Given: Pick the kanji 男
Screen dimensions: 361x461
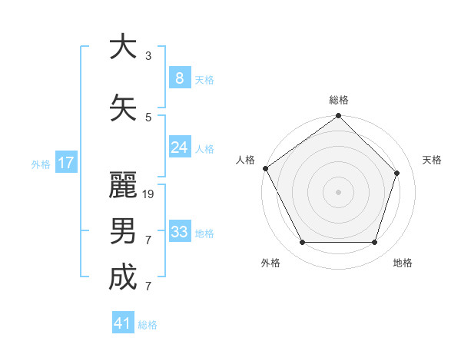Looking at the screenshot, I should [123, 230].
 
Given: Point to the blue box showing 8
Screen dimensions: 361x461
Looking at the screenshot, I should [180, 78].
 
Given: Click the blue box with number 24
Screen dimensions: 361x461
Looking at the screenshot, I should [180, 147].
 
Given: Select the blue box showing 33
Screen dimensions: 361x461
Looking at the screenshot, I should [180, 232].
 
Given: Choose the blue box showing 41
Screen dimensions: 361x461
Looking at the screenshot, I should [123, 323].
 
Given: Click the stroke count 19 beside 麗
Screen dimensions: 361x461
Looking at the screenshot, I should [149, 194].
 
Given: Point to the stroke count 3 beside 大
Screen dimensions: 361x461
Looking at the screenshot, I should [148, 56].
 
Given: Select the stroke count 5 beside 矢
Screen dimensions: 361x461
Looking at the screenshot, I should [148, 117].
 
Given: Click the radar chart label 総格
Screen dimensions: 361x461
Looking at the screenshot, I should [339, 100].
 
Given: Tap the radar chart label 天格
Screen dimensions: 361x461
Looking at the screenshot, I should [432, 160].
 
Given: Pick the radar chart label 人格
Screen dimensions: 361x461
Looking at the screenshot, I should [245, 160].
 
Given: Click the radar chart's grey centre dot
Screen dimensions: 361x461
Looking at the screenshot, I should [339, 191].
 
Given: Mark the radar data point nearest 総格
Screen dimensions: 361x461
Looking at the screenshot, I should [339, 117].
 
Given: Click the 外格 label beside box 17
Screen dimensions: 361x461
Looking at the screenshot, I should [40, 164].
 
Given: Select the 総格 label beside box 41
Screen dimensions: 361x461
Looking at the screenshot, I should [148, 325].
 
